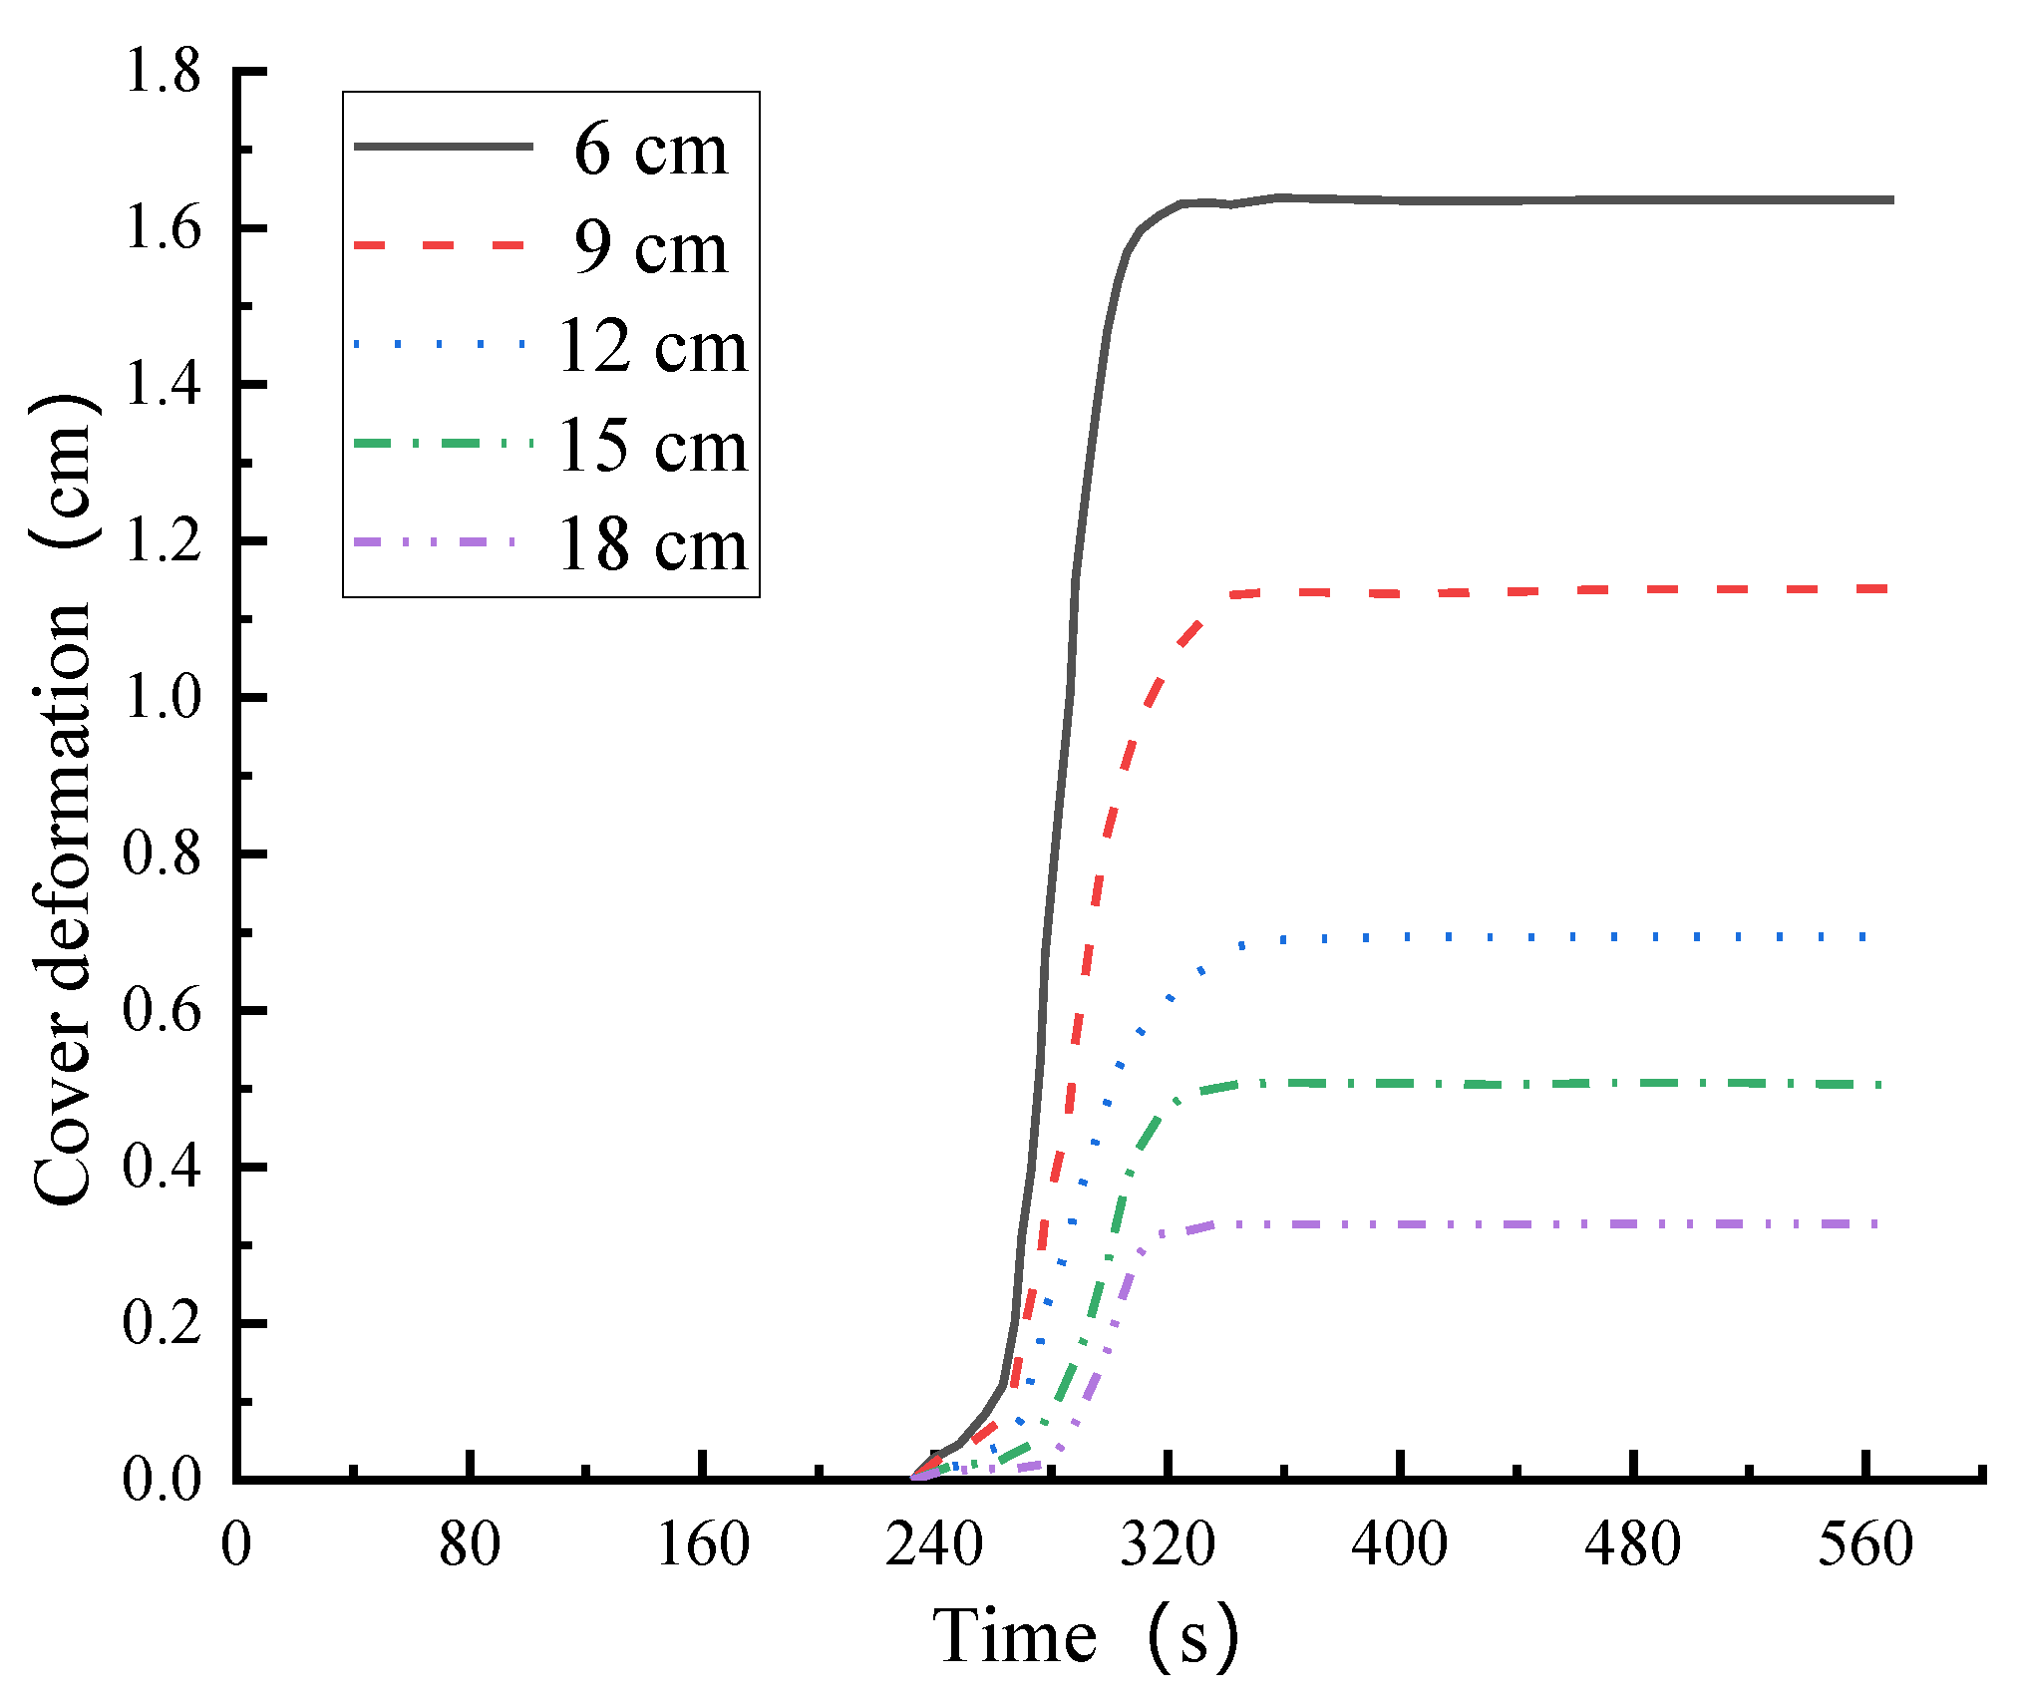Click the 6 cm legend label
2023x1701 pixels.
click(650, 151)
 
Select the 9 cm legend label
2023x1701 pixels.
click(650, 248)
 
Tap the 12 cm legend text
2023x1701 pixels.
click(652, 347)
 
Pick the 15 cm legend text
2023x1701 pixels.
click(652, 446)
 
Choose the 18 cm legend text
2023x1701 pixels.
click(652, 544)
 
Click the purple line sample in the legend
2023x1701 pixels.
click(436, 542)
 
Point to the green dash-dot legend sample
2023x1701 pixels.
click(443, 444)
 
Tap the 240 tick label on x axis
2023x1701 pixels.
click(934, 1544)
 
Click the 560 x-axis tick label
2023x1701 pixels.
click(1864, 1544)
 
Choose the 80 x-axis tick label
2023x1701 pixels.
click(469, 1544)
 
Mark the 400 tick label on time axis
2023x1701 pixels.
click(1399, 1544)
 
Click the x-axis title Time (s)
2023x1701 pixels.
click(1085, 1637)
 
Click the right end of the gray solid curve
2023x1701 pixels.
click(1889, 200)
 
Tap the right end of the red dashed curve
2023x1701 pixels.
click(1884, 589)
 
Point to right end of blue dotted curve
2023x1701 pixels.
click(1862, 937)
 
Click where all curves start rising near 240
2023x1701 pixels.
click(917, 1477)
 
